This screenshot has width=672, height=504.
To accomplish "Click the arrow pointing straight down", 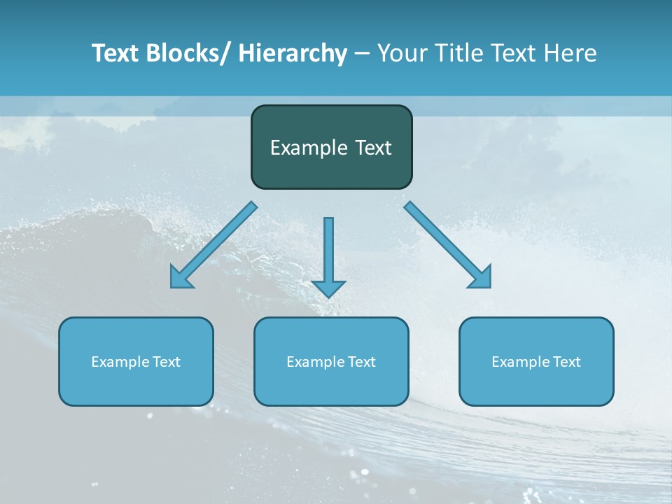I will click(328, 252).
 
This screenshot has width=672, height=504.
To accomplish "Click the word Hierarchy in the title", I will click(293, 53).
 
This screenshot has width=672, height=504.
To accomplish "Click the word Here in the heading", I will click(571, 53).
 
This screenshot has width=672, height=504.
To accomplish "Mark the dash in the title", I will click(362, 54).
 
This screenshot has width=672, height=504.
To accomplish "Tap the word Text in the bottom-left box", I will click(167, 362).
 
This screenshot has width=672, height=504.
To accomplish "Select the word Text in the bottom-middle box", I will click(362, 362).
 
